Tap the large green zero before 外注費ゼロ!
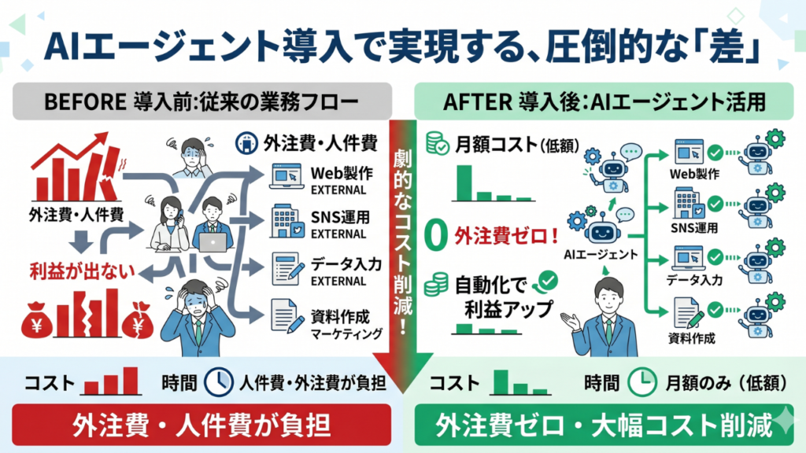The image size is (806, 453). (431, 235)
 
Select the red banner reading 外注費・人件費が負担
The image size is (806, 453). (201, 425)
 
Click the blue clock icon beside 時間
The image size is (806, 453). (218, 382)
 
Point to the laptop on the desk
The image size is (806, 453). (213, 242)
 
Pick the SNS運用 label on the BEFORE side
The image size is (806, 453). (339, 217)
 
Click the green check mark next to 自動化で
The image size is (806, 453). (545, 278)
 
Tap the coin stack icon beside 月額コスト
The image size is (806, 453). (435, 143)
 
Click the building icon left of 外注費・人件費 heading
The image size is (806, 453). (246, 143)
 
